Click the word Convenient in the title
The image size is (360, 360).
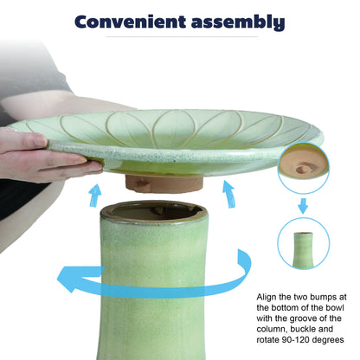click(130, 22)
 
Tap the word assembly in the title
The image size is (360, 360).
click(238, 22)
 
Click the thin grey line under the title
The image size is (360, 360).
click(182, 37)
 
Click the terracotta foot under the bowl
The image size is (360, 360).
click(164, 183)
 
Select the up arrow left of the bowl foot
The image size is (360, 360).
click(95, 196)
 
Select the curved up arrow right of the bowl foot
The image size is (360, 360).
click(228, 194)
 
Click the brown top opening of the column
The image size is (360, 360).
click(154, 212)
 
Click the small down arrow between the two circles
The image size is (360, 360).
click(303, 206)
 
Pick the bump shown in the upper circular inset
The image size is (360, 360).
click(302, 170)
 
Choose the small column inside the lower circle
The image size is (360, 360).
click(303, 249)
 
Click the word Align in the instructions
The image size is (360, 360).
click(267, 298)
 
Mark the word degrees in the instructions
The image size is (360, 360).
click(328, 340)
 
